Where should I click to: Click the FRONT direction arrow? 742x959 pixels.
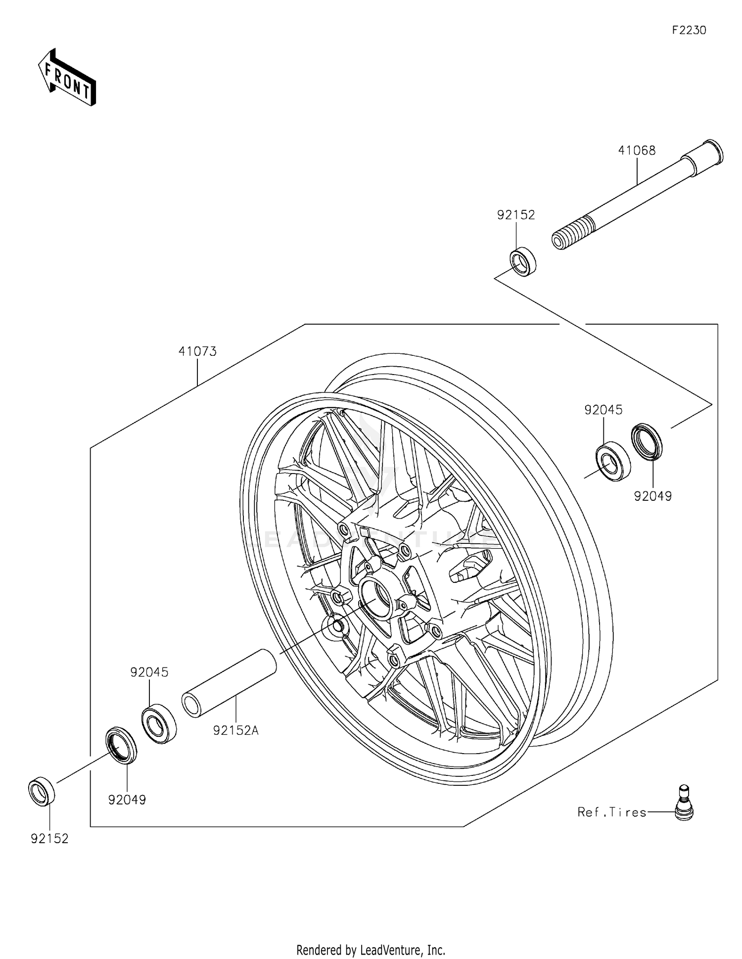(67, 78)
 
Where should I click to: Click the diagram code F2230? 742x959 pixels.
(689, 30)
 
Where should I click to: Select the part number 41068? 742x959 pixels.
(637, 150)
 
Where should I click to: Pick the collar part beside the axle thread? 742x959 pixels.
(523, 262)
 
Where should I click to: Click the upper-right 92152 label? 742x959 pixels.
(516, 215)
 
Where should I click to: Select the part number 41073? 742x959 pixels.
(197, 351)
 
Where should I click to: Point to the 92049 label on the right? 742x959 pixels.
(653, 496)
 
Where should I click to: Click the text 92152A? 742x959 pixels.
(236, 730)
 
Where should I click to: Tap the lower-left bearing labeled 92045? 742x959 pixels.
(159, 723)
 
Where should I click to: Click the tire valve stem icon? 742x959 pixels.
(684, 803)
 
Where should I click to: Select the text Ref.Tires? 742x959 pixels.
(612, 813)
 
